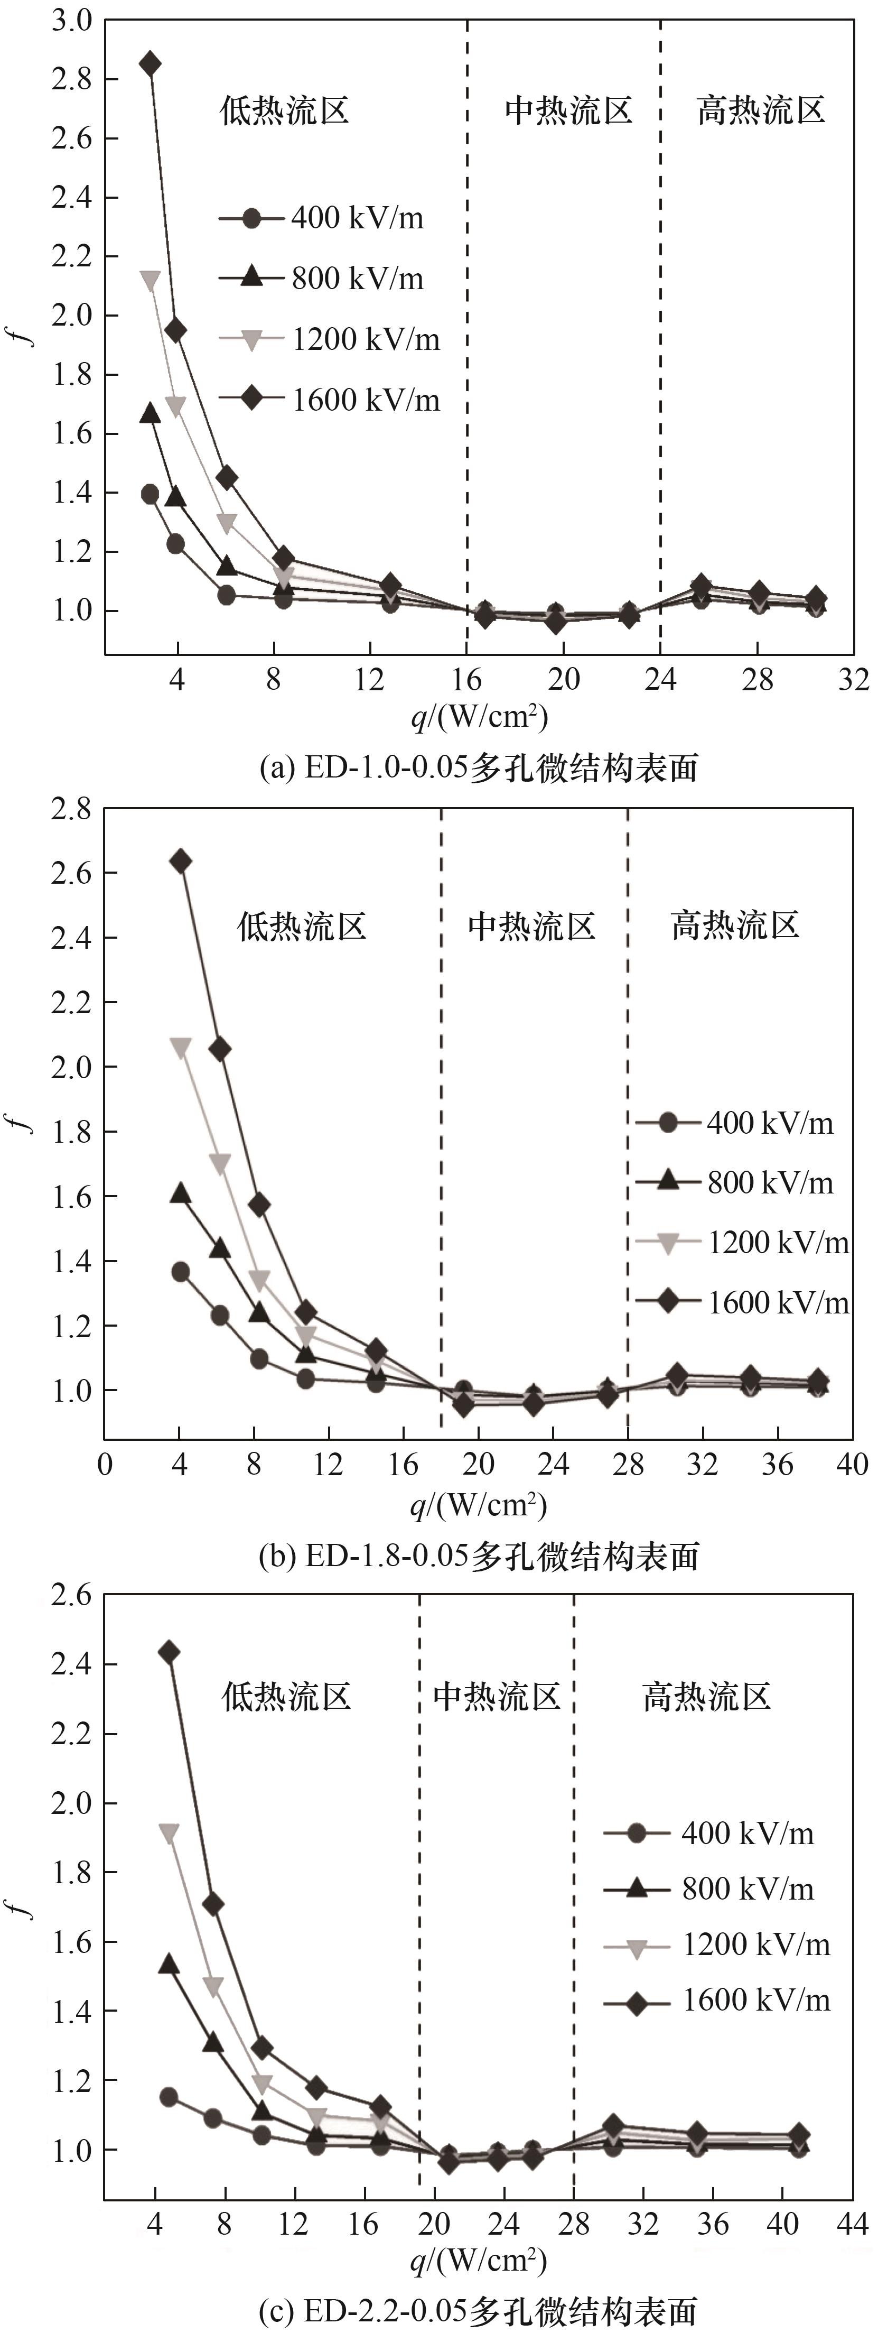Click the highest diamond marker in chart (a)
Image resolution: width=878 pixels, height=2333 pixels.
(x=150, y=64)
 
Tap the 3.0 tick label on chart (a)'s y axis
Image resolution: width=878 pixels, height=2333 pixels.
(x=72, y=21)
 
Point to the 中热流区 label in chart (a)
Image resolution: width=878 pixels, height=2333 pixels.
(x=567, y=110)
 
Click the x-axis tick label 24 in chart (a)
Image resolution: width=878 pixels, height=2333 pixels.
(x=661, y=679)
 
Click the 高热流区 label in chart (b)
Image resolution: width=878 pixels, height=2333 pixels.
(x=735, y=925)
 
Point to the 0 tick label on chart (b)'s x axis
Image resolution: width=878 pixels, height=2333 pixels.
(x=105, y=1465)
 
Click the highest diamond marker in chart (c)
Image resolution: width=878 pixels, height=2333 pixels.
(x=169, y=1653)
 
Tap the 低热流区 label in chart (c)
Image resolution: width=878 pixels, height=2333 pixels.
(x=286, y=1696)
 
